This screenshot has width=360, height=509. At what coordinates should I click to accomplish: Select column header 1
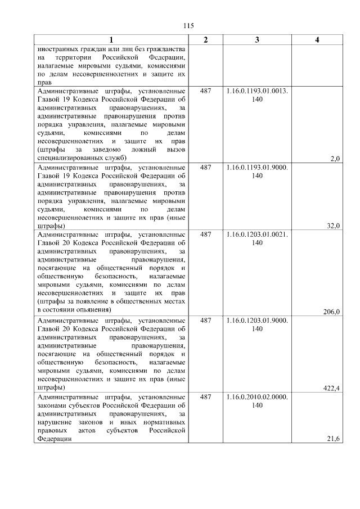coord(111,39)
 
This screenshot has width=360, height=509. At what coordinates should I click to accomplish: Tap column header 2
coord(205,39)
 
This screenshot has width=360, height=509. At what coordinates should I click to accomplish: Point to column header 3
coord(257,39)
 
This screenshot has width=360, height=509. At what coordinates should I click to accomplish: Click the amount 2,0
coord(335,159)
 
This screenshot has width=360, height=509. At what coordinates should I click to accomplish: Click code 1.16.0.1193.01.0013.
coord(257,91)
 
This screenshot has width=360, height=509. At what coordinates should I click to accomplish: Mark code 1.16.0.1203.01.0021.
coord(257,234)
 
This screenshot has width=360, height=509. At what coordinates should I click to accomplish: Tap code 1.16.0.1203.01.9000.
coord(257,320)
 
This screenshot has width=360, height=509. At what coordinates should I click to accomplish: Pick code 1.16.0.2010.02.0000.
coord(257,397)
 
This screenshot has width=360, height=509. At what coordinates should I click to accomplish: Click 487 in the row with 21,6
coord(205,397)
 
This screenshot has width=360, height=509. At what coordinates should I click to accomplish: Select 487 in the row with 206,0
coord(205,234)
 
